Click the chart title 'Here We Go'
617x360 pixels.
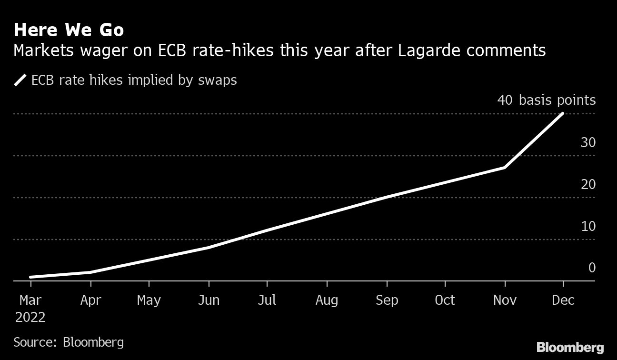[69, 30]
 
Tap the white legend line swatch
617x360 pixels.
[20, 80]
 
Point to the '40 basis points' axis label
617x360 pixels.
[546, 100]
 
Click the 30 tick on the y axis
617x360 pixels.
[588, 142]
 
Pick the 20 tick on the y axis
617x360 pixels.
[588, 184]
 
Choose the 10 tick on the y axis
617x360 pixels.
[588, 226]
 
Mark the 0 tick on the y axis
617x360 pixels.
[592, 268]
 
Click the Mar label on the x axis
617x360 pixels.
[30, 300]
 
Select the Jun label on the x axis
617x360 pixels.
[209, 300]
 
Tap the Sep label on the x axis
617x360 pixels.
[386, 300]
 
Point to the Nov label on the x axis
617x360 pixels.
[504, 300]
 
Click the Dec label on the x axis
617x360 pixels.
[563, 300]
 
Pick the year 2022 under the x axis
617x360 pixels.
[30, 318]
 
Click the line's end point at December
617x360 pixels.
[563, 114]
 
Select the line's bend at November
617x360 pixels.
[504, 167]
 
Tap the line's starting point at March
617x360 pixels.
[31, 277]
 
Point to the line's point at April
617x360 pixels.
[90, 272]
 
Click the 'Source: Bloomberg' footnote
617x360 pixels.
[69, 342]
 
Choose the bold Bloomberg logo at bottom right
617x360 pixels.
[570, 347]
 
